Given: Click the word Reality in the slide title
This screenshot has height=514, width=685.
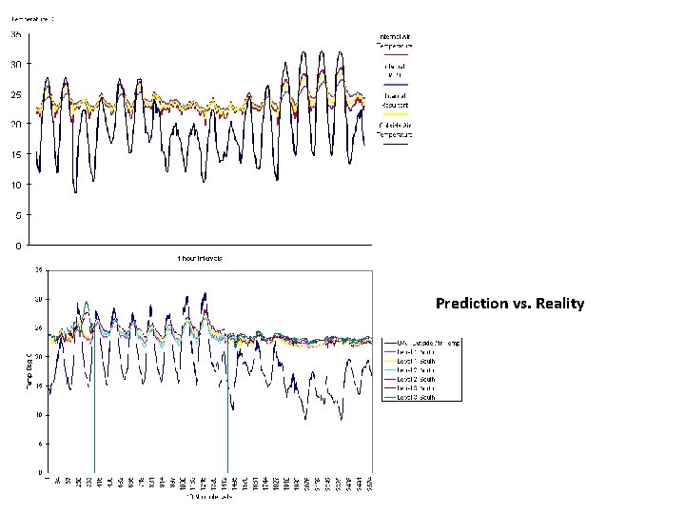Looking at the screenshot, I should point(560,304).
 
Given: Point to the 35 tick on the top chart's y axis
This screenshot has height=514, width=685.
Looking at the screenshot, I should point(16,34).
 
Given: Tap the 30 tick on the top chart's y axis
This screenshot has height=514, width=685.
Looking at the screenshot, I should point(16,65).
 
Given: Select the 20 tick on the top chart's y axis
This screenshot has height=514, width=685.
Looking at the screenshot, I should point(16,125).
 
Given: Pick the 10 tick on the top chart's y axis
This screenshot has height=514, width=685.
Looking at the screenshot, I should point(16,185).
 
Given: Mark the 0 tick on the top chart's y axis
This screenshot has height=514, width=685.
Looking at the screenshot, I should point(18,245).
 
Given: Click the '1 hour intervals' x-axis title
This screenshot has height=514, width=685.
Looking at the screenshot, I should point(199,259).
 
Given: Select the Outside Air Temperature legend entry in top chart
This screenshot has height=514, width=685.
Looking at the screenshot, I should point(395,131).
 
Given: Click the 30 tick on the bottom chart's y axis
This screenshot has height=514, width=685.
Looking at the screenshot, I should point(37,299).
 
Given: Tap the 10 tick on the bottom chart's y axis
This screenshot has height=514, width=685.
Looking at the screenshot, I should point(37,415).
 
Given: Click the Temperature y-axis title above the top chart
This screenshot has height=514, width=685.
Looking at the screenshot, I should point(32,18).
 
